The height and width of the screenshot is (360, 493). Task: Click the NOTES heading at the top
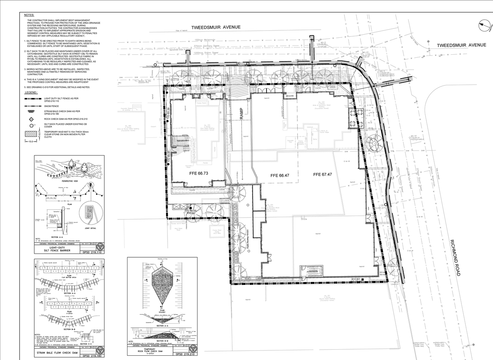click(29, 15)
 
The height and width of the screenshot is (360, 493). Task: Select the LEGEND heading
click(31, 93)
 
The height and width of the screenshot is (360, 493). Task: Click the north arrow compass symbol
click(485, 26)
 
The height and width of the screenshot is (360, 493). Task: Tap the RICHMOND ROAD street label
click(455, 258)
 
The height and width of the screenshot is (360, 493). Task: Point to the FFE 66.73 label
click(199, 174)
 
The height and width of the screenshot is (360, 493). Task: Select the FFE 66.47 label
click(280, 176)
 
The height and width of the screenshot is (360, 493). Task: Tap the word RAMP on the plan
click(242, 114)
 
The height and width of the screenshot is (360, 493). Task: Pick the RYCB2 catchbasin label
click(191, 213)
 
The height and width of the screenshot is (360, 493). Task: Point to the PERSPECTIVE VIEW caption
click(70, 181)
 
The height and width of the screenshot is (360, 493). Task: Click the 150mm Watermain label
click(205, 40)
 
